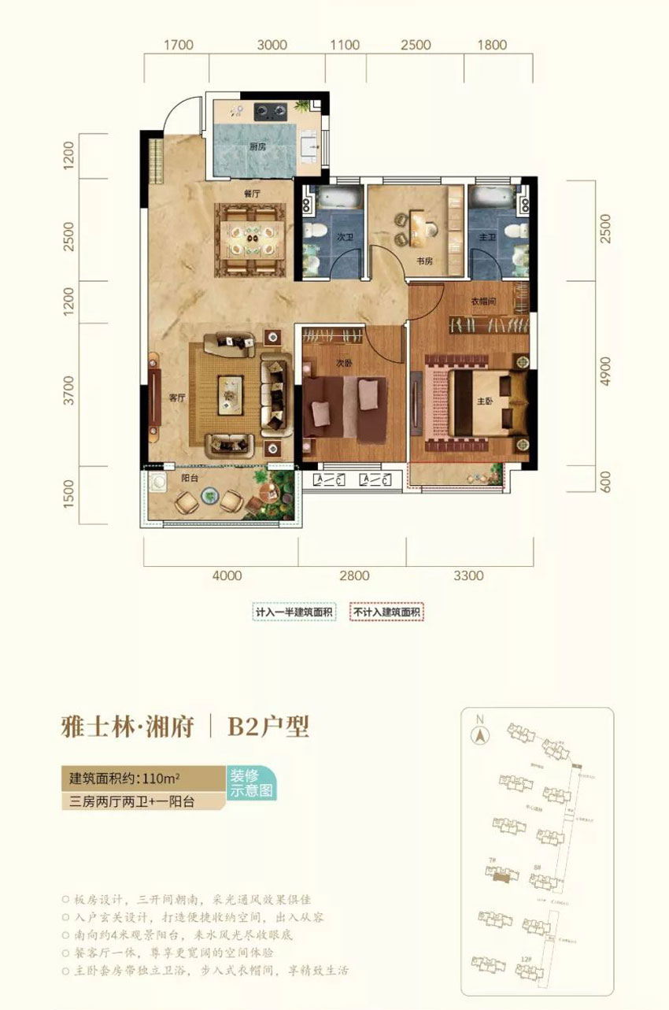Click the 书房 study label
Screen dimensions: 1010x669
pos(424,262)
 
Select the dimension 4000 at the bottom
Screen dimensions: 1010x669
pos(227,575)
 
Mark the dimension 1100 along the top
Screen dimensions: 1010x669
pos(345,45)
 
